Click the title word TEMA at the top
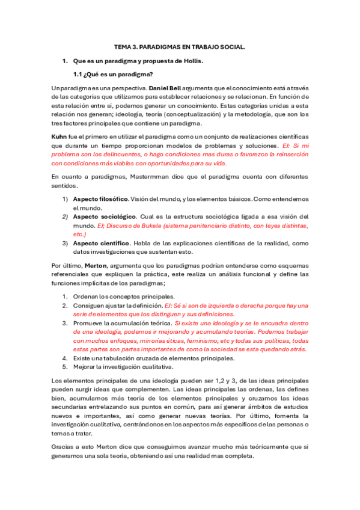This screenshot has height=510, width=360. point(123,47)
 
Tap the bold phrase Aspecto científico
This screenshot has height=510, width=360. point(100,243)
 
